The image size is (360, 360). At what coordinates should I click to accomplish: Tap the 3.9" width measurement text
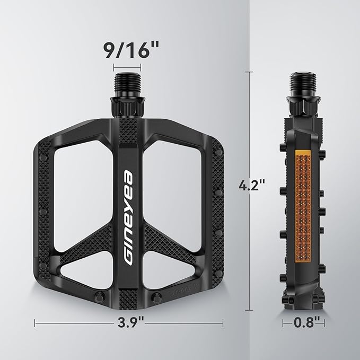128,322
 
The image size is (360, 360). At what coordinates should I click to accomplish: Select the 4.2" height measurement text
252,187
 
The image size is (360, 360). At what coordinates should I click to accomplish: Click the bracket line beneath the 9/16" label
127,67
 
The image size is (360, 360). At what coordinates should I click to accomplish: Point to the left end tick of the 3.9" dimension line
35,322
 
